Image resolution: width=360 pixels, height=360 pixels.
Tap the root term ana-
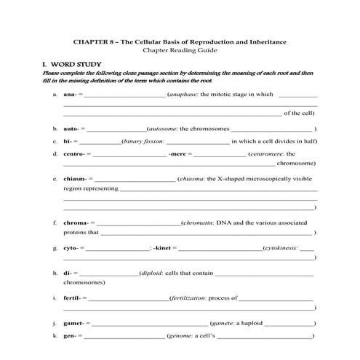click(x=70, y=95)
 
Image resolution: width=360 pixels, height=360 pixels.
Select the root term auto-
click(x=71, y=129)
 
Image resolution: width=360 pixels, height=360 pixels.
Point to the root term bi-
click(x=68, y=141)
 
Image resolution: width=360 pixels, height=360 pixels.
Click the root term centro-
click(x=74, y=154)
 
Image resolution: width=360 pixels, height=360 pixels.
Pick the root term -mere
click(x=178, y=154)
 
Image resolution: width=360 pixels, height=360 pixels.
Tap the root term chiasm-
click(x=76, y=178)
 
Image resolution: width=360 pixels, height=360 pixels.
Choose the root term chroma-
click(x=76, y=223)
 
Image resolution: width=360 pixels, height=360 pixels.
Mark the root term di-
click(x=68, y=273)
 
